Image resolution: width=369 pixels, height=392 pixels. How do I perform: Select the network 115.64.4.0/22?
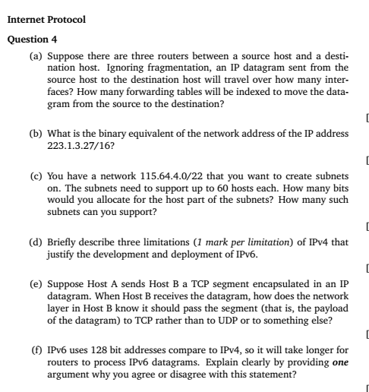[152, 175]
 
